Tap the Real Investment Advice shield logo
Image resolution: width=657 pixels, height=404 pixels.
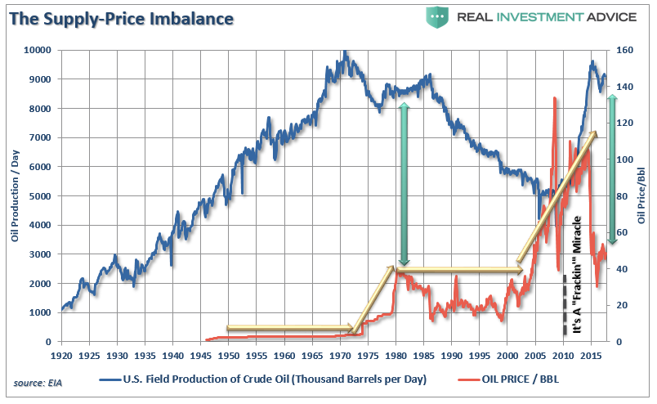437,16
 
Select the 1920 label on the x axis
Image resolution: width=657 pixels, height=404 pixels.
61,357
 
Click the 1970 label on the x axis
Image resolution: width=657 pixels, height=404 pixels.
340,357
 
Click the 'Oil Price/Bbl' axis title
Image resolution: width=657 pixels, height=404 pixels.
641,196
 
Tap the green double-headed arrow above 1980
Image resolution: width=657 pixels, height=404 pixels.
403,181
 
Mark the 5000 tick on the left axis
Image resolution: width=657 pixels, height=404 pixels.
40,196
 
